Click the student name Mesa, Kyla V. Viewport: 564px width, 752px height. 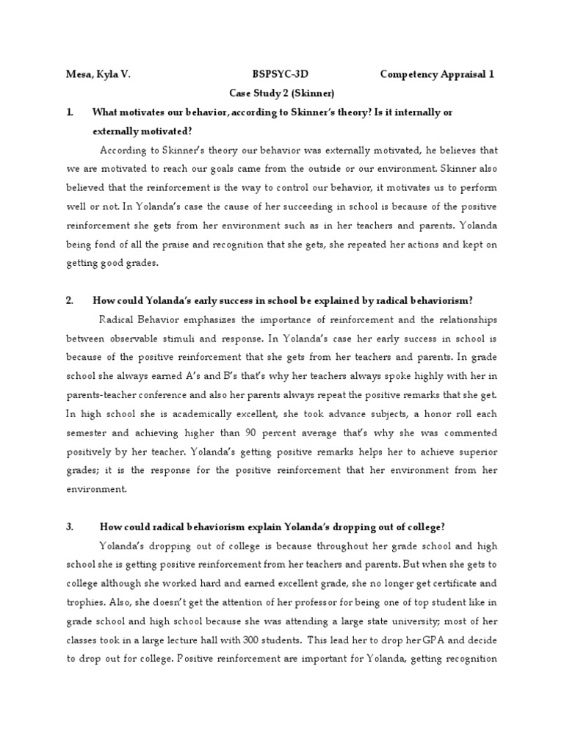tap(99, 74)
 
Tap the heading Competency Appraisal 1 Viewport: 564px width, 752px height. tap(438, 74)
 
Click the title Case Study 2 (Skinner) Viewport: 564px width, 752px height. tap(282, 93)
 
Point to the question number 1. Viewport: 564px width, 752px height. tap(69, 112)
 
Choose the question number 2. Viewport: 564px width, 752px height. tap(69, 300)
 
